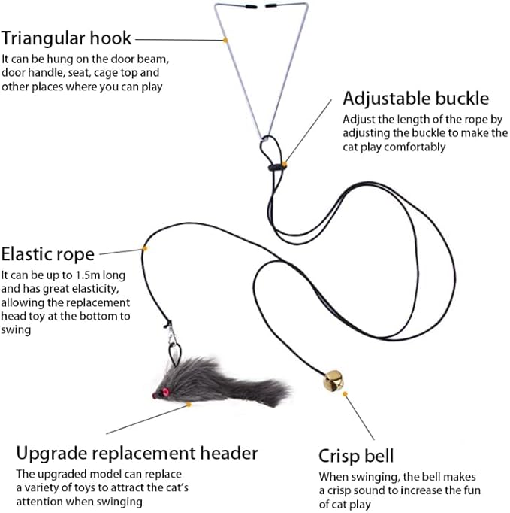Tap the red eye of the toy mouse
tap(158, 393)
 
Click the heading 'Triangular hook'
tap(67, 38)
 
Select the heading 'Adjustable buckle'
tap(416, 99)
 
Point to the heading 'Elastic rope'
tap(48, 253)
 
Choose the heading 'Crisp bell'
tap(356, 456)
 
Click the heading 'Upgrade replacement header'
tap(137, 453)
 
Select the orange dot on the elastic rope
tap(145, 248)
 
